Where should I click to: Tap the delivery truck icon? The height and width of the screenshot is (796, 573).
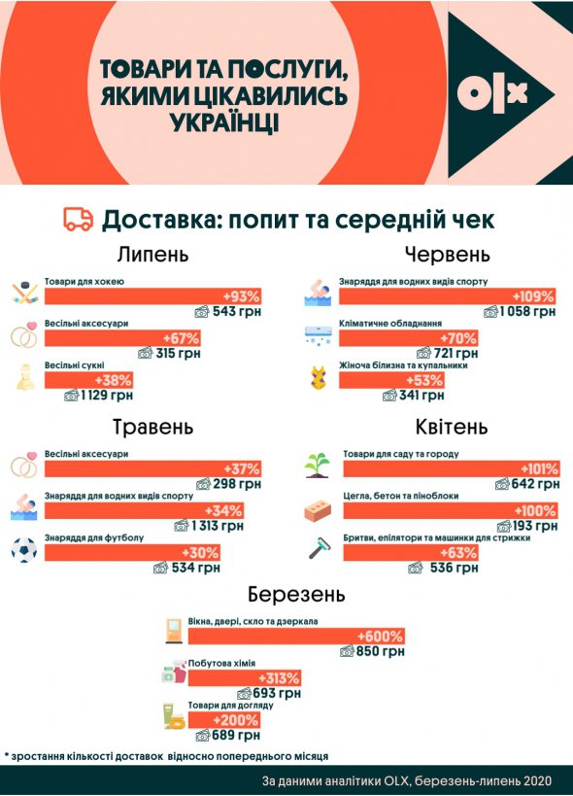click(x=79, y=219)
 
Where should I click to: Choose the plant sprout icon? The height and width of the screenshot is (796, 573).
click(x=317, y=465)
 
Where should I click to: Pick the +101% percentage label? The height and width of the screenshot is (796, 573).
click(x=537, y=467)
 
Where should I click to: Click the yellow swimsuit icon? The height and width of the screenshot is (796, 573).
click(x=318, y=377)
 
